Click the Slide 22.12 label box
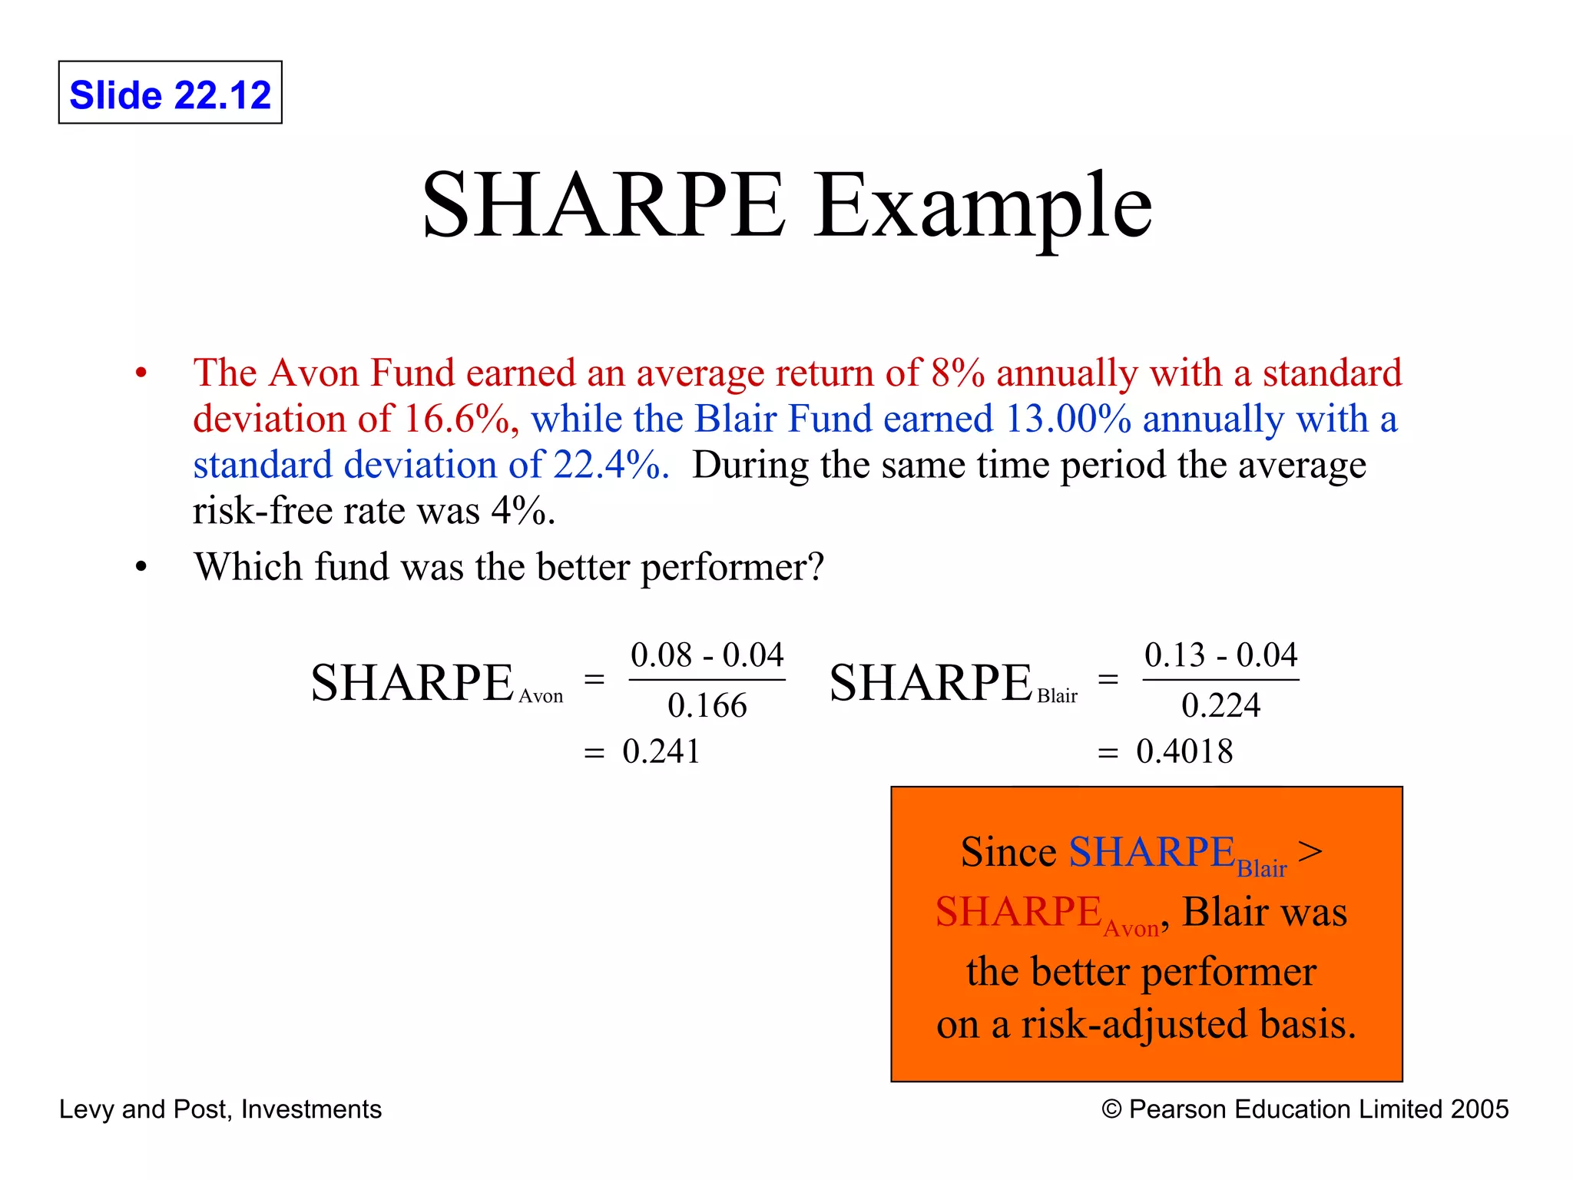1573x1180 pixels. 170,93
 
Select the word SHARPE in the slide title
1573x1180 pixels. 604,206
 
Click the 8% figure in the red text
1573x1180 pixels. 957,373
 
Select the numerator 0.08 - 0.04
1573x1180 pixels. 707,655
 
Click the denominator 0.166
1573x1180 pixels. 707,705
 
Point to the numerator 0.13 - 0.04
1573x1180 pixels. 1220,655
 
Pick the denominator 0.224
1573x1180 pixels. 1220,705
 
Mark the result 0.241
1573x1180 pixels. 661,751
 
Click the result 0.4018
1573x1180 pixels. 1184,751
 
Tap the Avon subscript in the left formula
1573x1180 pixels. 541,697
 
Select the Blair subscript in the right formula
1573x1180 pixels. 1057,696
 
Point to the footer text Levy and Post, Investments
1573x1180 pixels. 220,1109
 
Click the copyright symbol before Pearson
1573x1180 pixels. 1111,1109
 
